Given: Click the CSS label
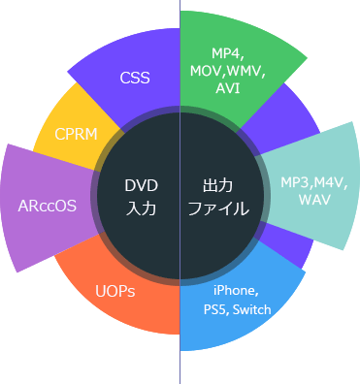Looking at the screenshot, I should (135, 78).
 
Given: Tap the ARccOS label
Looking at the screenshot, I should (48, 206).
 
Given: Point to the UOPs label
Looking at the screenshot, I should (115, 291).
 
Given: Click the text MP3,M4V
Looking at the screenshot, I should (313, 183).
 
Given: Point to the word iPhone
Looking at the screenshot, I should (235, 291).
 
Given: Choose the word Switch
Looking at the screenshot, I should (250, 309).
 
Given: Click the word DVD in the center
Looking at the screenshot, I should (141, 185).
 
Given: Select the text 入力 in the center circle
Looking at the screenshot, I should (141, 207).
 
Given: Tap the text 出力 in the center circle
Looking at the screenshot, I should (218, 185).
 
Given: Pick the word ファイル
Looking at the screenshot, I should (218, 208).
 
